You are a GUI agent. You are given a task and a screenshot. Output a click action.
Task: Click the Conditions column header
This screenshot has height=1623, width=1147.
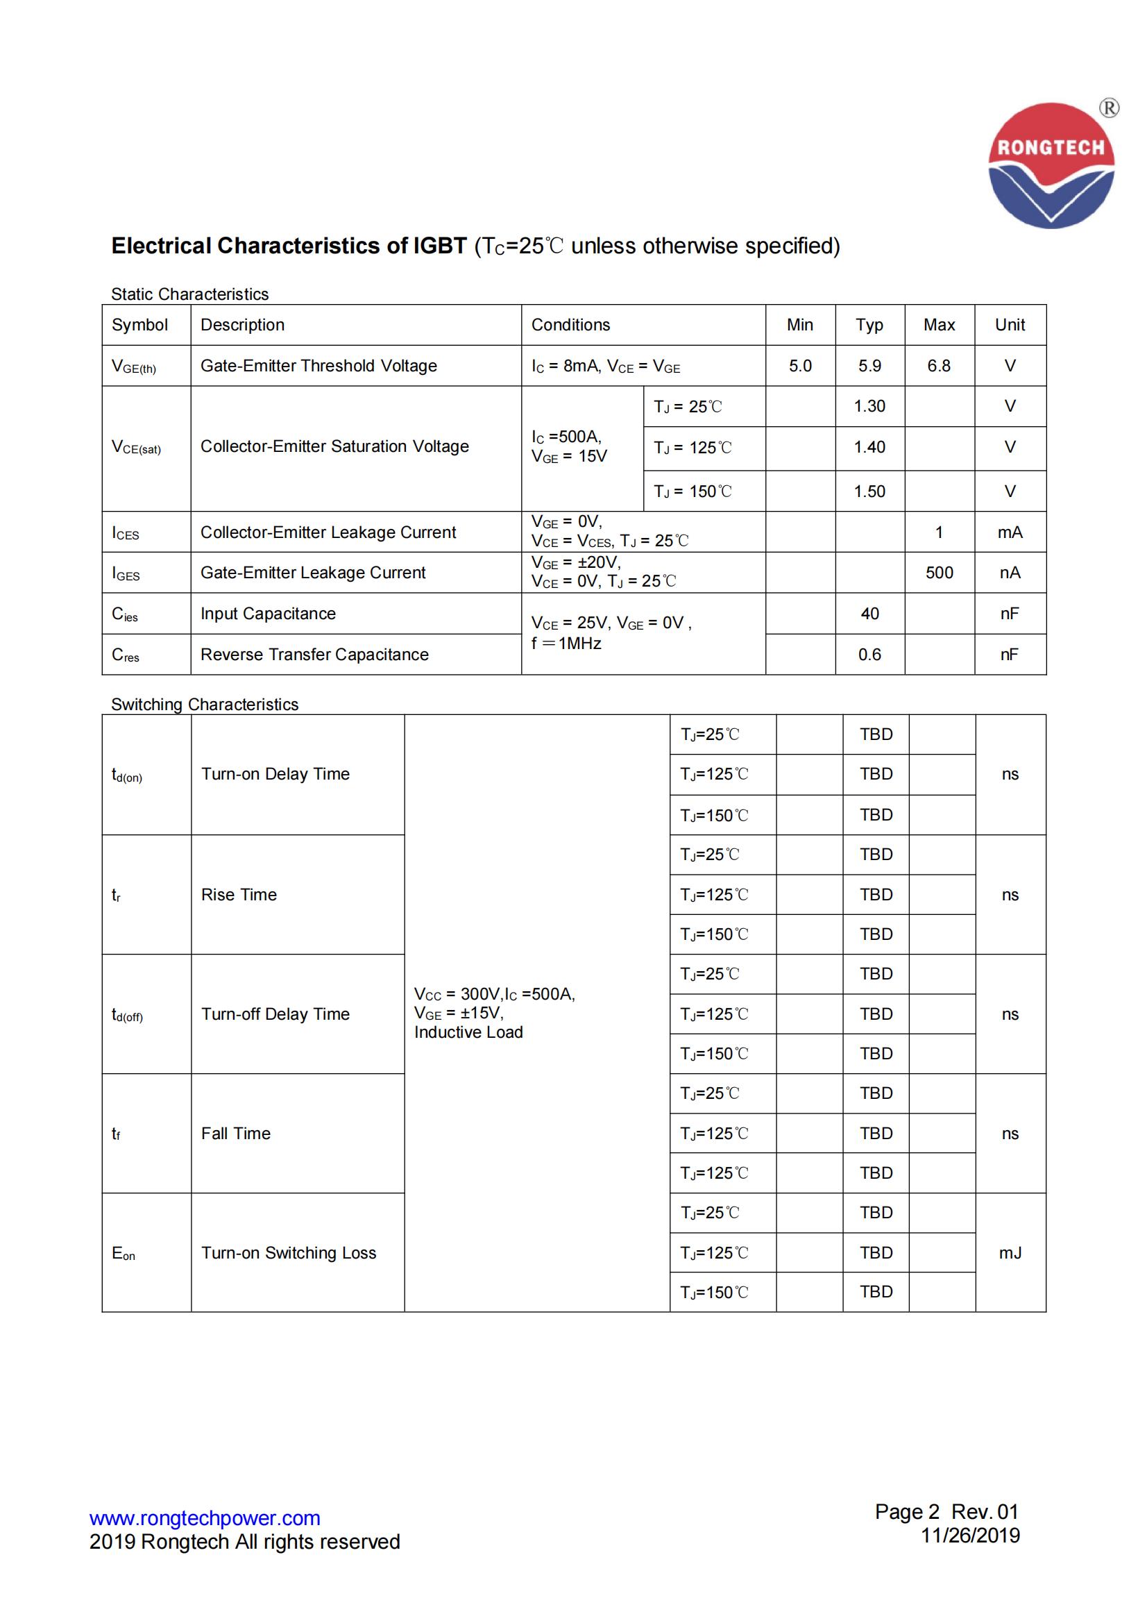click(x=570, y=324)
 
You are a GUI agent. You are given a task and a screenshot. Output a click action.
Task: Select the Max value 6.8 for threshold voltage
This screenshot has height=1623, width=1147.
click(x=939, y=365)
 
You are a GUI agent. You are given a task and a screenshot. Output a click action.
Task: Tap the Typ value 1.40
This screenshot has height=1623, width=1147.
click(x=869, y=447)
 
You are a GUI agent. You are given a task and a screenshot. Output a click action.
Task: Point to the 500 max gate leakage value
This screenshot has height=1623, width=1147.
click(x=939, y=573)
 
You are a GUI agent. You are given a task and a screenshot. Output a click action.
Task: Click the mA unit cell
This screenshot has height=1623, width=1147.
click(x=1009, y=532)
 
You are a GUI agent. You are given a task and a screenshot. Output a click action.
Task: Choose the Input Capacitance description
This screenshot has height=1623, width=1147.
click(x=268, y=614)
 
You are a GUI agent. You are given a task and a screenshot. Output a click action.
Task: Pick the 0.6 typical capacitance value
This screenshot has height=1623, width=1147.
click(x=869, y=655)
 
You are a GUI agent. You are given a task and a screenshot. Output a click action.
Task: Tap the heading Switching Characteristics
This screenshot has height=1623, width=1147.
click(x=204, y=704)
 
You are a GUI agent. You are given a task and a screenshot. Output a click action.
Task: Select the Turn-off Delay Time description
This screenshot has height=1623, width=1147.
click(x=275, y=1014)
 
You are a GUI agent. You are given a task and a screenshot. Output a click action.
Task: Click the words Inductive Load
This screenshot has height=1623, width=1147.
click(x=468, y=1032)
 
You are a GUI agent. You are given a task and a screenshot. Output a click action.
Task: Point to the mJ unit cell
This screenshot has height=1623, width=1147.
click(x=1009, y=1252)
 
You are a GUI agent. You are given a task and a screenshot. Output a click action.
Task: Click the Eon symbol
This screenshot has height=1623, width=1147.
click(x=123, y=1253)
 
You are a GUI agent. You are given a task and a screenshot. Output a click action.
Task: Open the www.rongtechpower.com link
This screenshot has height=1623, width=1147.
click(x=204, y=1517)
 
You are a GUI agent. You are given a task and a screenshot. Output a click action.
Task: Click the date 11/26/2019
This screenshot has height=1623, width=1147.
click(x=969, y=1535)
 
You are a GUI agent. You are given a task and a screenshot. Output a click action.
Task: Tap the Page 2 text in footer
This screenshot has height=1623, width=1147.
click(x=907, y=1511)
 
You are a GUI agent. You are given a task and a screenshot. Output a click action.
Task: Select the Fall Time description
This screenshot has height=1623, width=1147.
click(x=235, y=1133)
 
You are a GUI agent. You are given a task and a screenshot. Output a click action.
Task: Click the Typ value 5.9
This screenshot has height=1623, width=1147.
click(x=869, y=365)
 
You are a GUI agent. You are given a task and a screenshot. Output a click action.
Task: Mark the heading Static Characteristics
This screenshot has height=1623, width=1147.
click(x=189, y=294)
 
